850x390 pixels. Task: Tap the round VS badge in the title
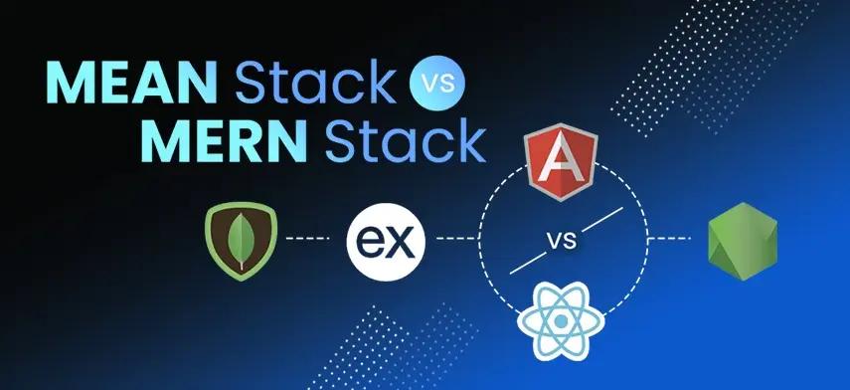click(435, 84)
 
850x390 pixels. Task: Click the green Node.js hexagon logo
click(742, 240)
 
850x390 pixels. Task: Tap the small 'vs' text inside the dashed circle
click(564, 240)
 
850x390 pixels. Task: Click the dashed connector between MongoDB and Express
click(305, 240)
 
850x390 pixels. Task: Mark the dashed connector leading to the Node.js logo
click(670, 240)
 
